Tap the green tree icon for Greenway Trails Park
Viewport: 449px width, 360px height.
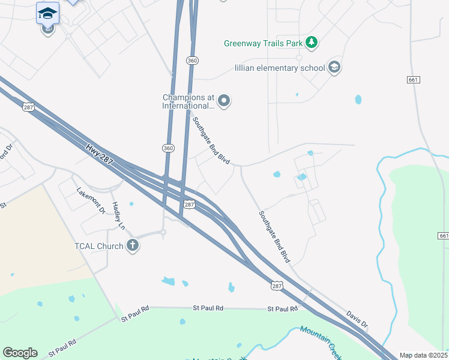311,42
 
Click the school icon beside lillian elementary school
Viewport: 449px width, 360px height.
334,67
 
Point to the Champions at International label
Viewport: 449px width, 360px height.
188,101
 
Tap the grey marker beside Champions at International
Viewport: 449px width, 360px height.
224,101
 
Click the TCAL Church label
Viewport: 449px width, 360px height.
100,246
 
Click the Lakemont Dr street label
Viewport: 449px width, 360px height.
91,200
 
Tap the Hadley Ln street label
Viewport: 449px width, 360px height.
118,215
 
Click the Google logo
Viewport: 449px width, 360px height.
20,353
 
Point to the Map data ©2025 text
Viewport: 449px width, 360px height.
423,355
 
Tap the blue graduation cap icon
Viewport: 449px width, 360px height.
47,13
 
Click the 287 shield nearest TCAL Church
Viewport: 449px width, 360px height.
189,205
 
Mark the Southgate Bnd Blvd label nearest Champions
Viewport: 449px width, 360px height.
212,142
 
